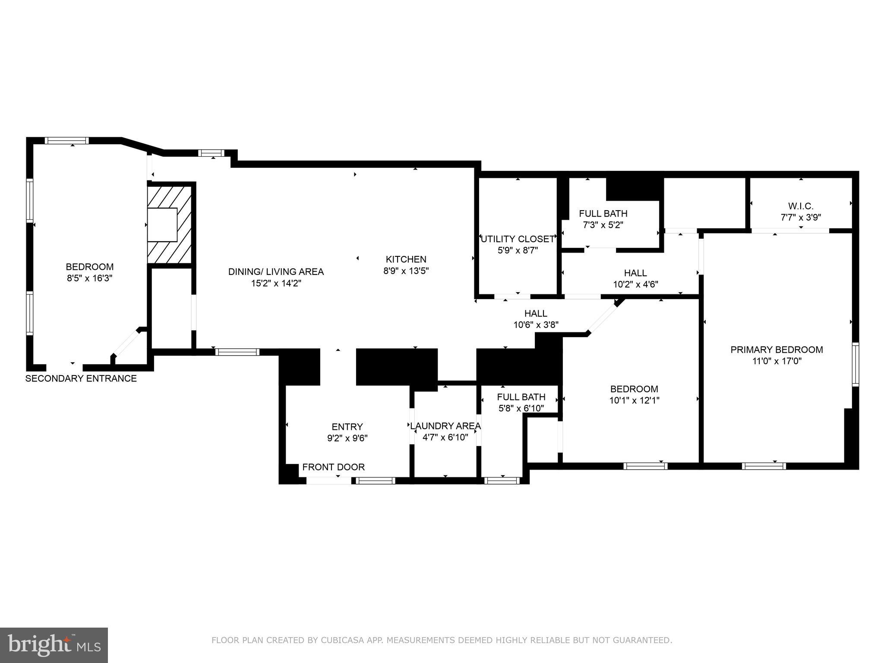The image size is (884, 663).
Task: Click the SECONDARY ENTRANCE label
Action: (81, 379)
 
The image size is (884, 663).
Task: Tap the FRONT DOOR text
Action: (333, 467)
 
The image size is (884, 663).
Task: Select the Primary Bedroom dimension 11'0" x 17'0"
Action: (777, 361)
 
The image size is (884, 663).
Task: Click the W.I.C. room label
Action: (801, 206)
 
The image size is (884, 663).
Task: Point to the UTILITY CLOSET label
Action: (517, 239)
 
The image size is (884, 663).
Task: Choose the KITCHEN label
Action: (406, 259)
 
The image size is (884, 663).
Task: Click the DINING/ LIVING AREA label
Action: (276, 272)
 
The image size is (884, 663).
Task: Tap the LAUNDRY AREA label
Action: (445, 426)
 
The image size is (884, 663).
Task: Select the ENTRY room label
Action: (347, 427)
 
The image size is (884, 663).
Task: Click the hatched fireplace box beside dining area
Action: (169, 224)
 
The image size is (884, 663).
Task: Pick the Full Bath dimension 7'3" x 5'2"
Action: (603, 225)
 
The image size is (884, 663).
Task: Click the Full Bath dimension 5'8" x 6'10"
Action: (521, 408)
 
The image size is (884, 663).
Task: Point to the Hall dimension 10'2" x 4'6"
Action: (635, 284)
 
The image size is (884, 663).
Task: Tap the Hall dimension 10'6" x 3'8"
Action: (536, 325)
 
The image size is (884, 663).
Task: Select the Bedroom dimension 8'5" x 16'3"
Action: (89, 278)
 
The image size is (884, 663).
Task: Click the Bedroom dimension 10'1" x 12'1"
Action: (634, 401)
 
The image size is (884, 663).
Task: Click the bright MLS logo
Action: (54, 645)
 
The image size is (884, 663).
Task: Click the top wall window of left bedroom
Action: (67, 140)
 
